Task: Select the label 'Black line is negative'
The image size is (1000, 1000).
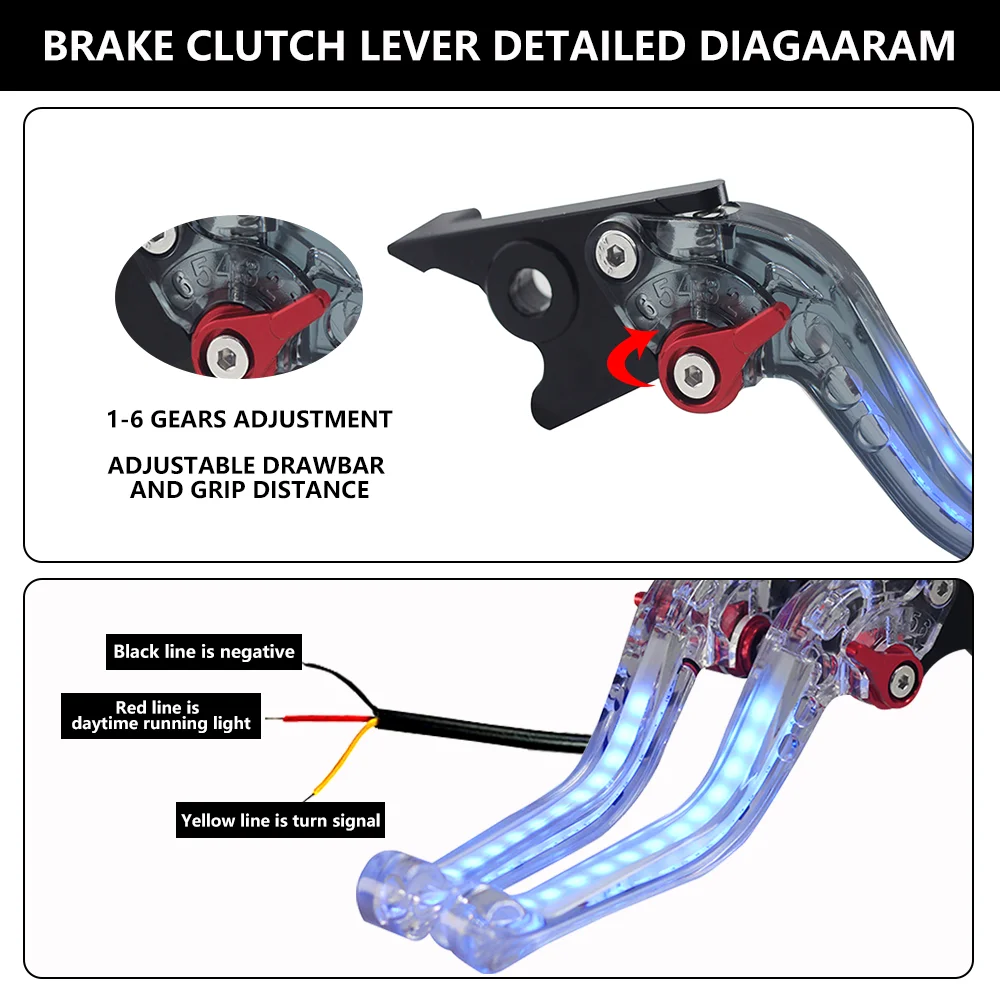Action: pyautogui.click(x=204, y=652)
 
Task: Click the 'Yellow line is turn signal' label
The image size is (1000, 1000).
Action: pyautogui.click(x=281, y=821)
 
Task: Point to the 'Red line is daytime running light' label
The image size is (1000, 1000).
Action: pyautogui.click(x=161, y=716)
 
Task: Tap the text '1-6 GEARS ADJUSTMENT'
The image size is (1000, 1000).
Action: pyautogui.click(x=249, y=419)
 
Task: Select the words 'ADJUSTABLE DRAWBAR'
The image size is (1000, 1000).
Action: pyautogui.click(x=246, y=466)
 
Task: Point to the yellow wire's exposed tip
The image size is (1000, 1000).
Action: pyautogui.click(x=318, y=790)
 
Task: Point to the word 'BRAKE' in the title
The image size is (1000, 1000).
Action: pyautogui.click(x=104, y=46)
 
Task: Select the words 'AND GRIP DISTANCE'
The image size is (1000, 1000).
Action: pyautogui.click(x=250, y=490)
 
